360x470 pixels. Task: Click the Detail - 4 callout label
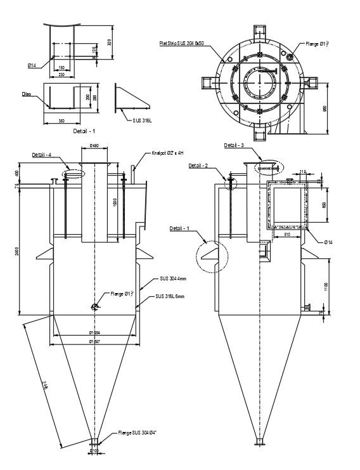pyautogui.click(x=42, y=155)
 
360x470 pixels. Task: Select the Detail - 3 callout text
pyautogui.click(x=234, y=145)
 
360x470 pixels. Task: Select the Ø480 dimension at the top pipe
pyautogui.click(x=94, y=146)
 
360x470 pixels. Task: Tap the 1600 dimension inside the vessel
pyautogui.click(x=114, y=202)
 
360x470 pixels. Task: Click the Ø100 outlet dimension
pyautogui.click(x=94, y=451)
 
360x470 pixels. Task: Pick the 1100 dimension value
pyautogui.click(x=325, y=285)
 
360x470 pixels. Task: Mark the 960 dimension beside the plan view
pyautogui.click(x=325, y=108)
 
